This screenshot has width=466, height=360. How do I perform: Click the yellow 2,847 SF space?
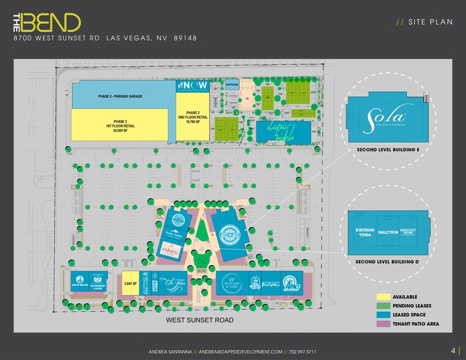coord(130,283)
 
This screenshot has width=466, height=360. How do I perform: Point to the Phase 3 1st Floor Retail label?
coord(119,126)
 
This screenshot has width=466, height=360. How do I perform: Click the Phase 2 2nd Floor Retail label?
coord(193,118)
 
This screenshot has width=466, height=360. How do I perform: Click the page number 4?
coord(453,351)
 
